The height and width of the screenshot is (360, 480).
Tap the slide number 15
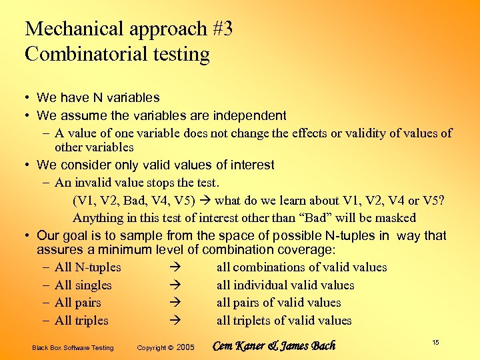click(435, 342)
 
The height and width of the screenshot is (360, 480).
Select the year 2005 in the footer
click(186, 347)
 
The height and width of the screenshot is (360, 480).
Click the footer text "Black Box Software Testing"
click(73, 347)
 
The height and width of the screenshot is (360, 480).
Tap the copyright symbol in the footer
click(171, 347)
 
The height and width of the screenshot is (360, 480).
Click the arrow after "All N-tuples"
click(176, 267)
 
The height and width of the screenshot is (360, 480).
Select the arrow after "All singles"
click(176, 285)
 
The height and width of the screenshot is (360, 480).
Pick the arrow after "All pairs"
click(176, 303)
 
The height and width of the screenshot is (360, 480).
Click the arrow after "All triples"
click(176, 321)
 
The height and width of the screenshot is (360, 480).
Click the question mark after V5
click(442, 200)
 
